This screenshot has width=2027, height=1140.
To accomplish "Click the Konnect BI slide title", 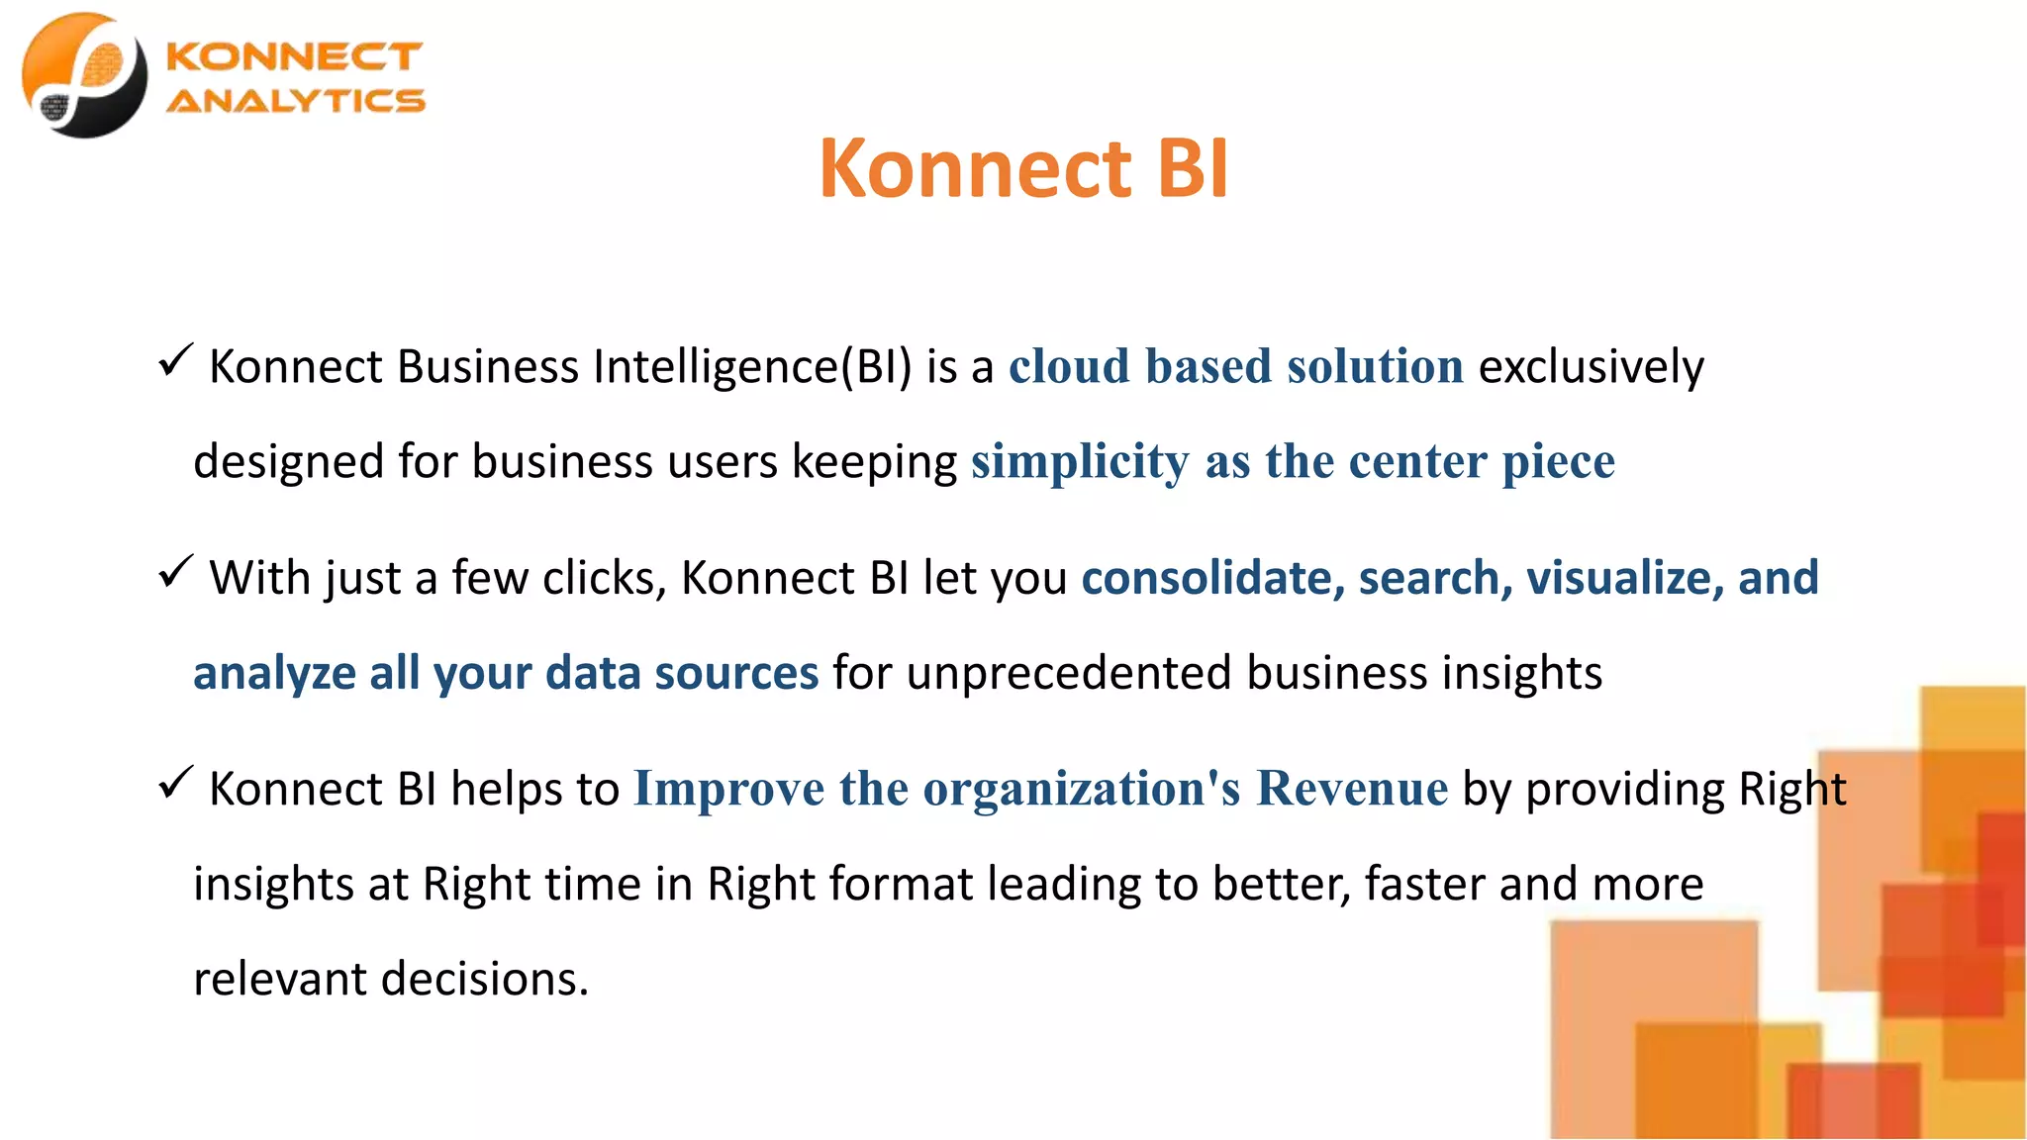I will (1023, 168).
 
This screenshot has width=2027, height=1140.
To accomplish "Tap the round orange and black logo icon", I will (84, 75).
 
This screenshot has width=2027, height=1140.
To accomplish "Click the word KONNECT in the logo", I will (294, 56).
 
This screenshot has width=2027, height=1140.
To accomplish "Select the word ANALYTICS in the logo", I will (295, 101).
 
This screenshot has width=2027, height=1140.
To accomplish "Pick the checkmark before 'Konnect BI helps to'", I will (174, 783).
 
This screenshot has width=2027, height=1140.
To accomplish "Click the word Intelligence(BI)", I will (752, 367).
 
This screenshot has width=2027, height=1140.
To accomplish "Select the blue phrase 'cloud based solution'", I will (1235, 366).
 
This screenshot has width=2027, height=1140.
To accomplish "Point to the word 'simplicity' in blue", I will (1080, 462).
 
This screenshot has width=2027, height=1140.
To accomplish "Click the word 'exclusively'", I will (1591, 367).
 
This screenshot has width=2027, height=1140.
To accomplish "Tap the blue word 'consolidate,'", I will (1212, 578).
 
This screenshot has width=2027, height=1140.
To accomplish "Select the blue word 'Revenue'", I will (1352, 789).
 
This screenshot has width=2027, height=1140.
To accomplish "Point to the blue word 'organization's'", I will (1082, 790).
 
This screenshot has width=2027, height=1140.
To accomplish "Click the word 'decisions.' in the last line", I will (485, 979).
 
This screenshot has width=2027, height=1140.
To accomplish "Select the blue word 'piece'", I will (1558, 462).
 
